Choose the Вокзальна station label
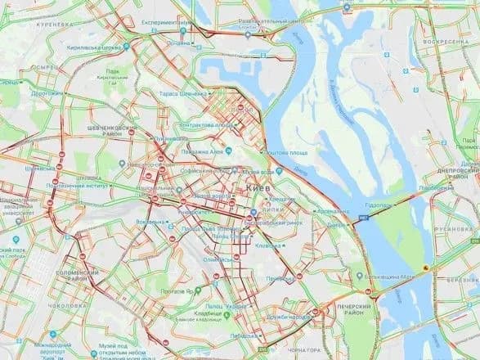151,222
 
